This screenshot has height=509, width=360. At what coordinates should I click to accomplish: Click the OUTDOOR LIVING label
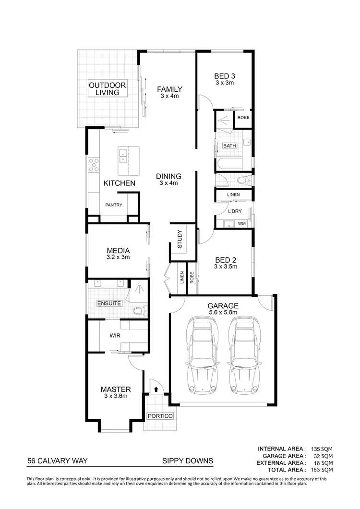(x=108, y=89)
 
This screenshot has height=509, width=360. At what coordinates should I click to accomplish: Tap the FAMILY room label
(x=170, y=89)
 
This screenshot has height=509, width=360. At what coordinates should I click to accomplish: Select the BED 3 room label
(x=224, y=76)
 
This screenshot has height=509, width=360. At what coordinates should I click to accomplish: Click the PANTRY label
(x=114, y=205)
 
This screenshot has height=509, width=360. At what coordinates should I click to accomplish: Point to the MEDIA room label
(x=118, y=250)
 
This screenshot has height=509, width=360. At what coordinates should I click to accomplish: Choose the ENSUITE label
(x=109, y=303)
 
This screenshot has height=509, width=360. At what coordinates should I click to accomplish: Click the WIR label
(x=115, y=335)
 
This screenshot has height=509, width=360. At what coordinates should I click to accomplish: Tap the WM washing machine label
(x=241, y=223)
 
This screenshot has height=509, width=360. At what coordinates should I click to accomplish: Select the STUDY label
(x=180, y=240)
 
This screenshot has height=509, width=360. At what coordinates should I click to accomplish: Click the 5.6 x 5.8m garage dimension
(x=223, y=312)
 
